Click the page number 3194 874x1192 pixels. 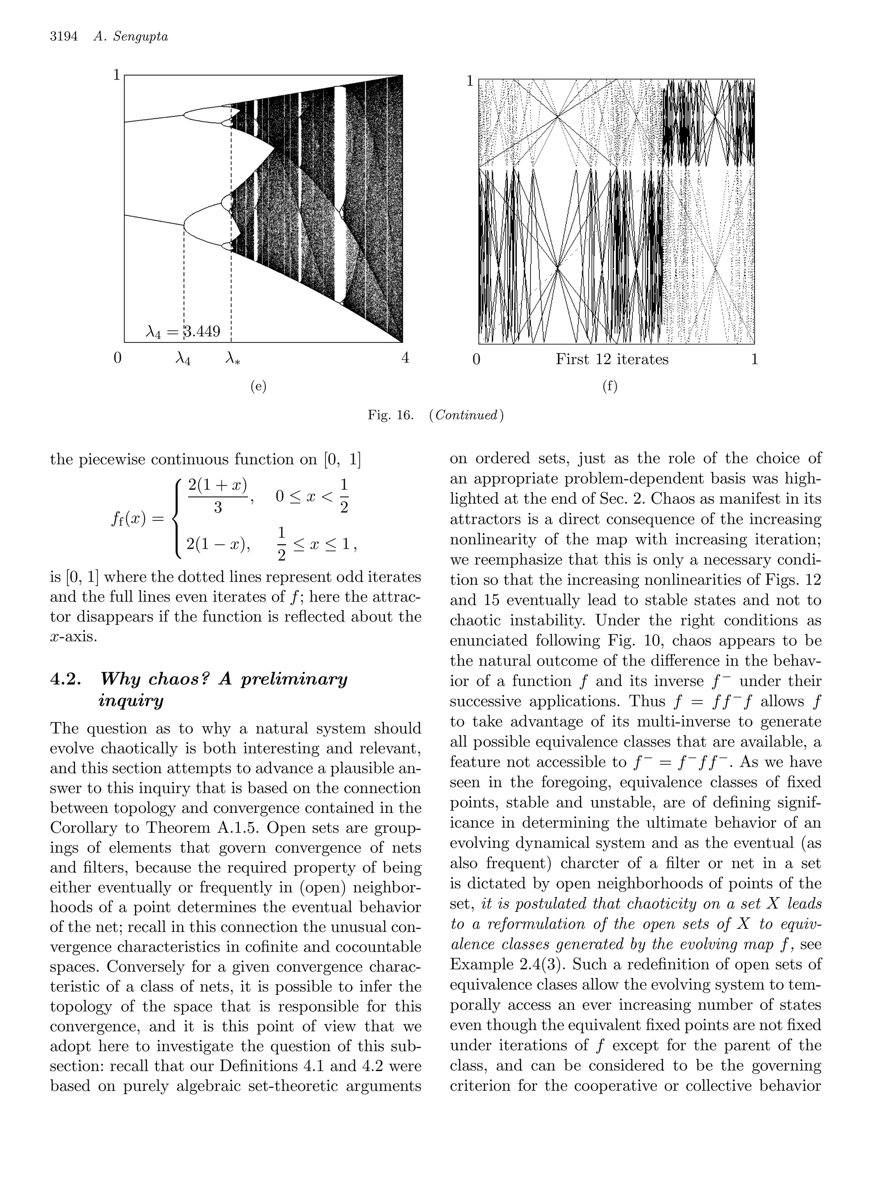64,37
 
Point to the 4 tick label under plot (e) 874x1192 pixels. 405,358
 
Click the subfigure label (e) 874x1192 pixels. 258,386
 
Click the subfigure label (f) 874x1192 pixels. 609,386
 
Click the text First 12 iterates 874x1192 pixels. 612,359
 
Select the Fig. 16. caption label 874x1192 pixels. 390,415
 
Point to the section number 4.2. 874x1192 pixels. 66,679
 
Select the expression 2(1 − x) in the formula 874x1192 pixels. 218,544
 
